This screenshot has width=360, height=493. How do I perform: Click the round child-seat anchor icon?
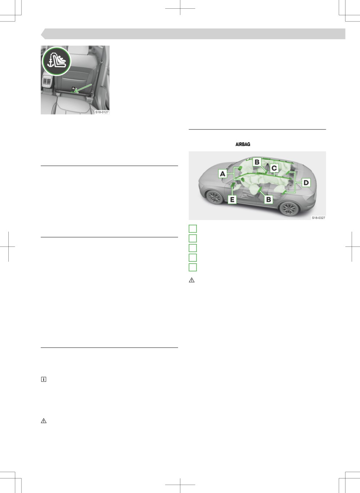click(57, 61)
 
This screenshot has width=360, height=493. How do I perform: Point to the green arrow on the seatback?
click(83, 88)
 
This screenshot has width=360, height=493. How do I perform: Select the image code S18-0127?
click(102, 112)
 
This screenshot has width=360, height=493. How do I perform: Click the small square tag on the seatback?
click(73, 88)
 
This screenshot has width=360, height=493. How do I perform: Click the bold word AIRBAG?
click(243, 144)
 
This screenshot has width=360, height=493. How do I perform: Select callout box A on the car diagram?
click(223, 174)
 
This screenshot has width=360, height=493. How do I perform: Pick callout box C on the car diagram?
click(274, 168)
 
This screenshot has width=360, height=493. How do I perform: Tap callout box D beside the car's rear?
click(306, 183)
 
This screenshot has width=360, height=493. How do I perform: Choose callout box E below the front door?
click(232, 200)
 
